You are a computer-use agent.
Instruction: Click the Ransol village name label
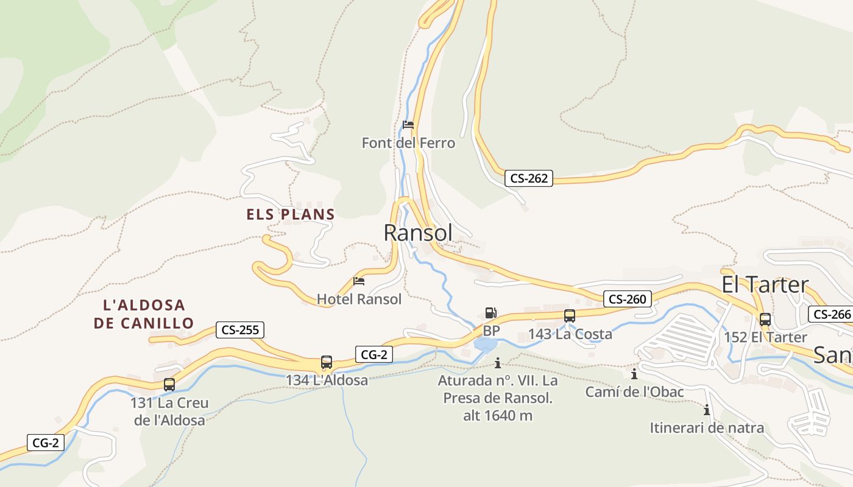[418, 233]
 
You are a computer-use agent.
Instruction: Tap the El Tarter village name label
[765, 284]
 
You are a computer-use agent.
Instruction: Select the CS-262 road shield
[528, 178]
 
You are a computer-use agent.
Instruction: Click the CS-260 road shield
[628, 299]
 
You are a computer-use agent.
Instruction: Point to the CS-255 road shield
[240, 330]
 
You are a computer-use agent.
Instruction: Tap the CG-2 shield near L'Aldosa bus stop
[373, 354]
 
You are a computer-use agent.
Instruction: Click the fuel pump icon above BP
[490, 314]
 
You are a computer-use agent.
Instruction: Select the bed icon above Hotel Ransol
[359, 281]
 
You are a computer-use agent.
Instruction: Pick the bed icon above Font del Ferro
[408, 125]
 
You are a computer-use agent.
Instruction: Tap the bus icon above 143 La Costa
[570, 316]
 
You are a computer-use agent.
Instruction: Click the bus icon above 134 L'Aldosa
[327, 362]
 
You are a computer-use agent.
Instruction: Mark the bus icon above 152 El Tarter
[765, 319]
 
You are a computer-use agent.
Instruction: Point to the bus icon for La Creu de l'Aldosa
[169, 385]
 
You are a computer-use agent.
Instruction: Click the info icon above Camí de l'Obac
[634, 374]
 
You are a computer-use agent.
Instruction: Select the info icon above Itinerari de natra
[707, 410]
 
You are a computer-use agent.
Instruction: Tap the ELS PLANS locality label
[291, 214]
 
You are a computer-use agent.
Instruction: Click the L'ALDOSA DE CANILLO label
[144, 314]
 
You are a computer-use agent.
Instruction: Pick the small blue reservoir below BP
[485, 345]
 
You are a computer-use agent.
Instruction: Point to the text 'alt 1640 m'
[498, 416]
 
